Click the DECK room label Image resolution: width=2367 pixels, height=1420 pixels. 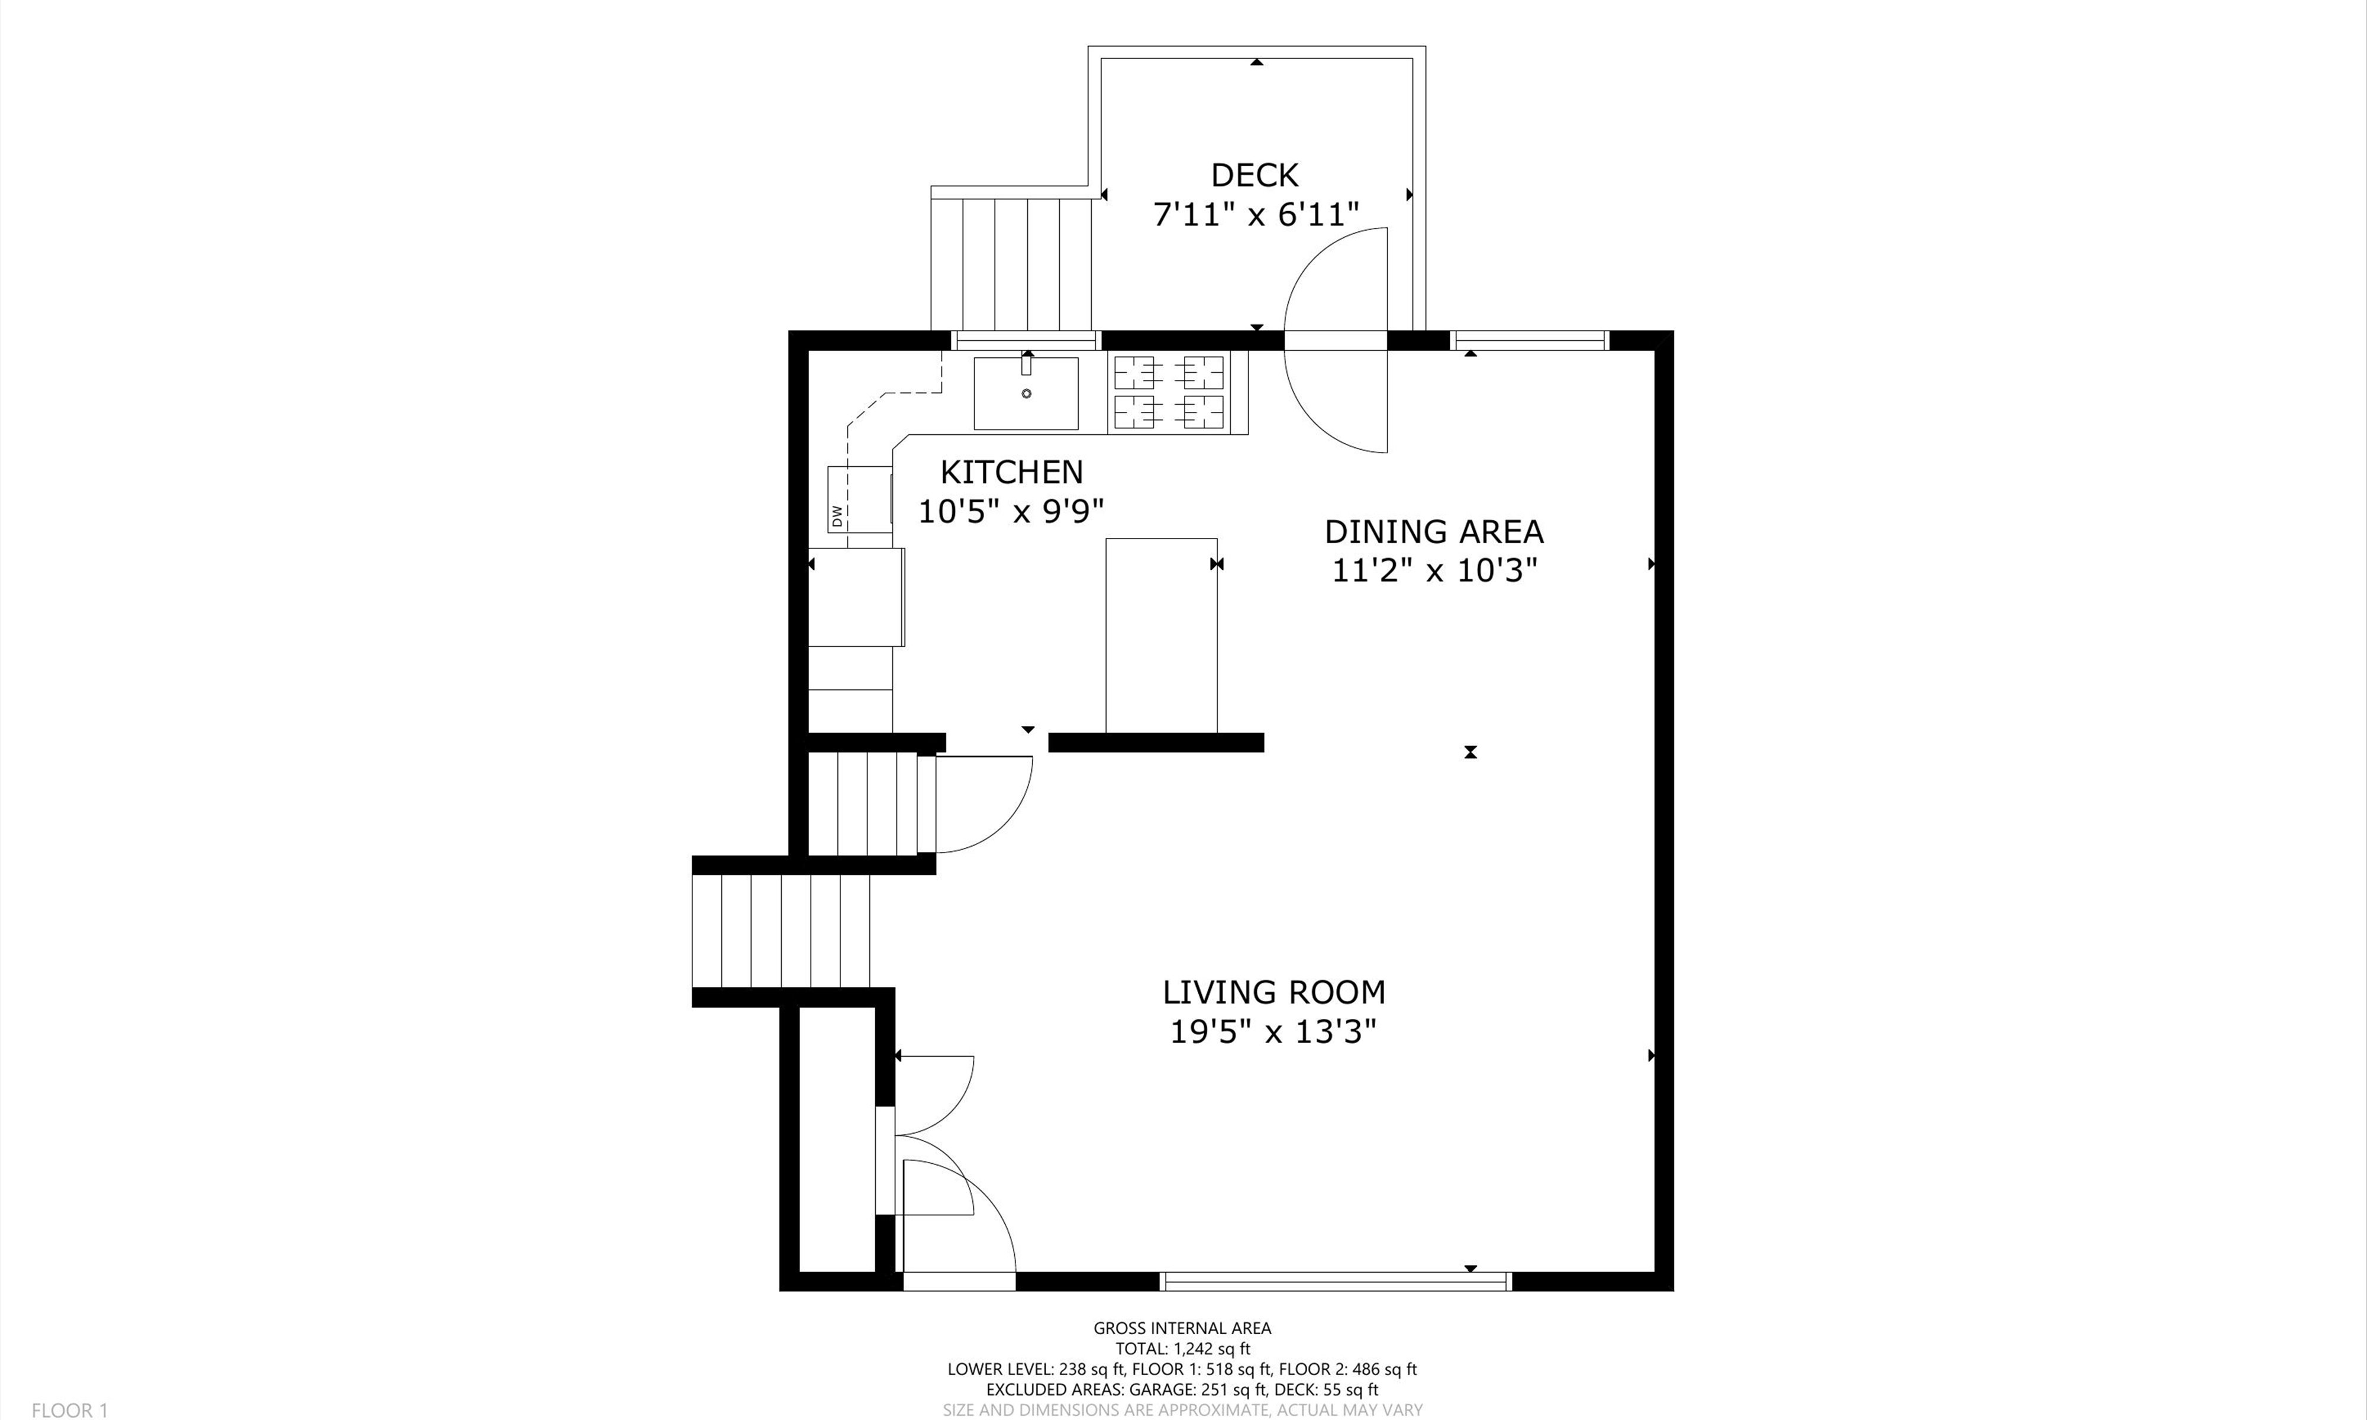coord(1255,175)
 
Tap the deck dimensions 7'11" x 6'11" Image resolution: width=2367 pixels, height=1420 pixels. coord(1255,214)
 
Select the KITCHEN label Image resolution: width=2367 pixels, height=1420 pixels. coord(1011,472)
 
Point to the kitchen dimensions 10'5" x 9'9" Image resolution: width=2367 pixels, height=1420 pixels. coord(1011,511)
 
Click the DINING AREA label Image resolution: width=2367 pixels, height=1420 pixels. coord(1433,531)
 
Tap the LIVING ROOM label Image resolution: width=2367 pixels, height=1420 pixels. coord(1273,992)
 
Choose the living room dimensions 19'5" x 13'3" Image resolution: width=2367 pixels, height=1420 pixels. coord(1273,1031)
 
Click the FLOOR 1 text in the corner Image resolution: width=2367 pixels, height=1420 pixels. coord(70,1409)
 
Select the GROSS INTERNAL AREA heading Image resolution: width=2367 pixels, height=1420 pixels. coord(1182,1328)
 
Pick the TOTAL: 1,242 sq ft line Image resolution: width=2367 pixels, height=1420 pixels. coord(1182,1349)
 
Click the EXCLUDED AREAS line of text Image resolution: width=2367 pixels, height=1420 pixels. coord(1182,1389)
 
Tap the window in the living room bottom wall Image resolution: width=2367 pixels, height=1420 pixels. coord(1336,1281)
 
